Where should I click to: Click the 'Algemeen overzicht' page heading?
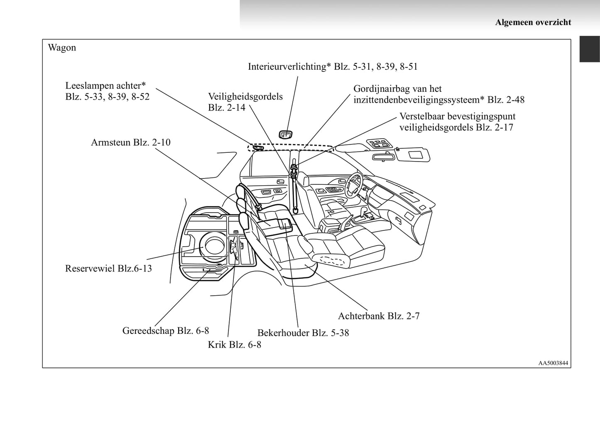point(533,22)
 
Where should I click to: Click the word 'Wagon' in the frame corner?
point(62,48)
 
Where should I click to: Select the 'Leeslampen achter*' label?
point(106,86)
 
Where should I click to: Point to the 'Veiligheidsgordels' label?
point(245,97)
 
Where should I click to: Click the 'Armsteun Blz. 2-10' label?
point(130,142)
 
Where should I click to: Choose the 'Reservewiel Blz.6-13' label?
point(108,269)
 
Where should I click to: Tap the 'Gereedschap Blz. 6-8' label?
point(165,331)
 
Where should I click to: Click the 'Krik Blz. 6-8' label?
point(234,345)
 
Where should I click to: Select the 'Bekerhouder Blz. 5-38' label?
point(303,333)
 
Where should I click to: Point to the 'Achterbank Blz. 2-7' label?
point(378,316)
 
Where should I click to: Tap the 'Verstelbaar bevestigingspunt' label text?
point(457,117)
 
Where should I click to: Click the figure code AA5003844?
point(553,363)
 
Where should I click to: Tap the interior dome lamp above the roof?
point(285,134)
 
